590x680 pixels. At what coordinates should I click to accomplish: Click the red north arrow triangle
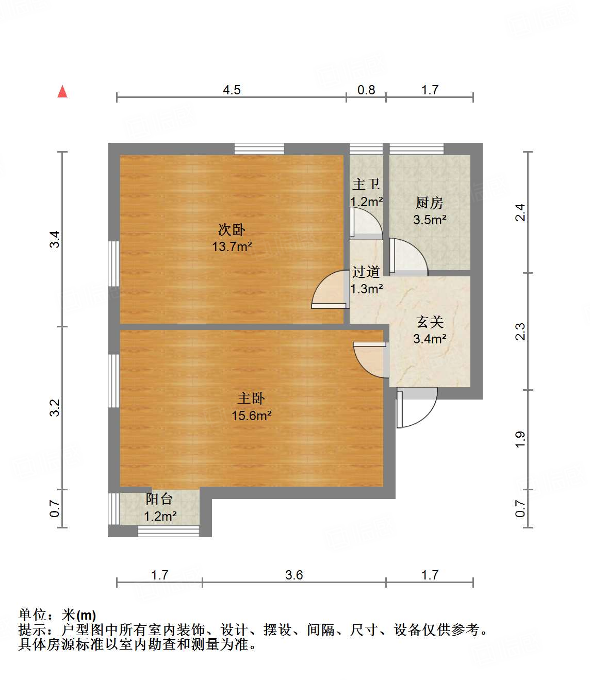pos(62,92)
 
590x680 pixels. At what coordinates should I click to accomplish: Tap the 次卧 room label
pos(232,229)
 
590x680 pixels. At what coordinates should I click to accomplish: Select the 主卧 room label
pos(251,399)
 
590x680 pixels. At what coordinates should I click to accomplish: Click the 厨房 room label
pos(429,203)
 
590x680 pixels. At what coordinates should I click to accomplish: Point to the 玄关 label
pos(430,322)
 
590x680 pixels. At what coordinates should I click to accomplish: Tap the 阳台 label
pos(159,499)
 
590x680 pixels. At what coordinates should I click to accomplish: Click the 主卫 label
pos(366,185)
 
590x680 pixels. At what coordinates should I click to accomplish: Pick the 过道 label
pos(366,272)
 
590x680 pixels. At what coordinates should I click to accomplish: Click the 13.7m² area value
pos(232,246)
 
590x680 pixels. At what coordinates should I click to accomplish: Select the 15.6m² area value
pos(251,416)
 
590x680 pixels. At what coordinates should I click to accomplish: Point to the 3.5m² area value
pos(429,220)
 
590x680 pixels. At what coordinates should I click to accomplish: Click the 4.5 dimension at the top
pos(232,90)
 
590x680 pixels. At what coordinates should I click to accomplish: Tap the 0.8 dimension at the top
pos(366,90)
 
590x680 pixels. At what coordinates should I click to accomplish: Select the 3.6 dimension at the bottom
pos(294,575)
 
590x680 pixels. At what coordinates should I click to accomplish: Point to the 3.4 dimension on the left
pos(55,239)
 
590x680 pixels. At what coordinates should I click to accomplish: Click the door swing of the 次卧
pos(329,290)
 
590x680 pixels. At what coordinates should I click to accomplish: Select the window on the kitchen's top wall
pos(416,149)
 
